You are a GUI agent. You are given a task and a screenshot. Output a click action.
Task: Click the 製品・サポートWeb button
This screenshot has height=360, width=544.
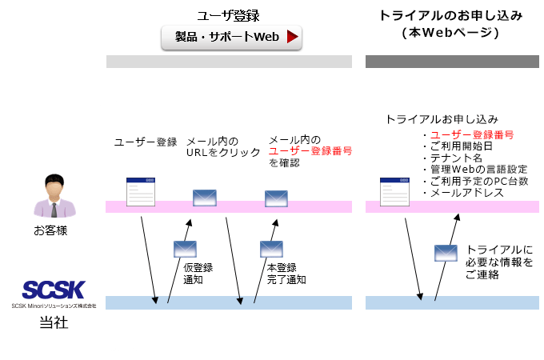(x=231, y=37)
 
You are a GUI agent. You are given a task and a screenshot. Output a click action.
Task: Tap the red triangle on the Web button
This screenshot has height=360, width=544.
(x=293, y=37)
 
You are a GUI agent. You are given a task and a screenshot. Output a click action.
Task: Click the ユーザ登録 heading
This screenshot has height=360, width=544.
(x=229, y=15)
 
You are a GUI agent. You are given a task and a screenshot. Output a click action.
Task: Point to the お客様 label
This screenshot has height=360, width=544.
(x=51, y=231)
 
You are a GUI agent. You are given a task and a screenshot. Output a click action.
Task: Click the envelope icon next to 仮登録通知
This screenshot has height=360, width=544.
(x=185, y=249)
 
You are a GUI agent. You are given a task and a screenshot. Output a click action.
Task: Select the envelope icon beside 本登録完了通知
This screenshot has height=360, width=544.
(x=272, y=249)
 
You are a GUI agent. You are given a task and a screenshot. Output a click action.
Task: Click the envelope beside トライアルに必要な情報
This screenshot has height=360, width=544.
(x=446, y=253)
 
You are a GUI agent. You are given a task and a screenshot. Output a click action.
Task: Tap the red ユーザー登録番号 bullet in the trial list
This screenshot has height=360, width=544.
(x=471, y=134)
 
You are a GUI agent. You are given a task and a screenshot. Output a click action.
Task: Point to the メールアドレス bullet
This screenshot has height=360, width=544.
(x=466, y=194)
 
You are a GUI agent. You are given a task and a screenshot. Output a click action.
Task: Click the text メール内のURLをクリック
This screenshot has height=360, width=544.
(x=222, y=147)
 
